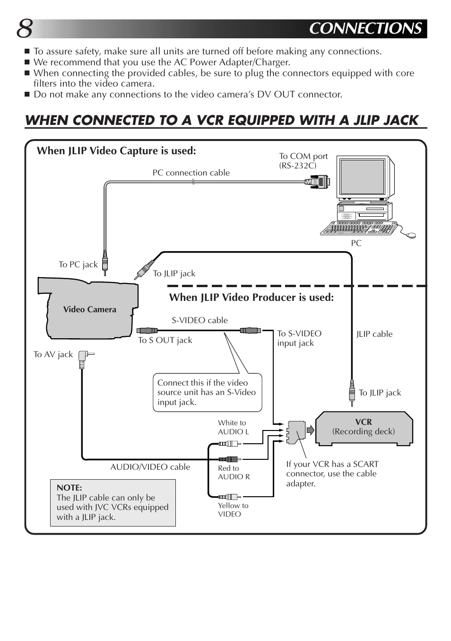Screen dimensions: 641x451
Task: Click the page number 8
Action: point(25,29)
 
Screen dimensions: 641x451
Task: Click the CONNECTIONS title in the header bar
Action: point(365,29)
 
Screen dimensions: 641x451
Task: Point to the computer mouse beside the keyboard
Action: point(411,235)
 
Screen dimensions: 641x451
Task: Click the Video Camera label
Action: point(89,309)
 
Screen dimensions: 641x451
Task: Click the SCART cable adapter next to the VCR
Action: point(296,431)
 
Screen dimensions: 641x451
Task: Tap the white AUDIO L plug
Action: point(230,444)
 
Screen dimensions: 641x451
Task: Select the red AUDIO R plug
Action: point(230,459)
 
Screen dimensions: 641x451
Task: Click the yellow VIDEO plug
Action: point(230,496)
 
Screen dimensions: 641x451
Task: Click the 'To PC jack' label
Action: point(78,264)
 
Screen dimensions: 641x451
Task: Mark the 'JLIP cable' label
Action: point(374,334)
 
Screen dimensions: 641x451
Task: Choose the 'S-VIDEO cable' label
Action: point(199,320)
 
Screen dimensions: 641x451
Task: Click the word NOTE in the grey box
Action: point(69,488)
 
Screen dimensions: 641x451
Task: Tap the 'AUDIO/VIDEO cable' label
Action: point(150,467)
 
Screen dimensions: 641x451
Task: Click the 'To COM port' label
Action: point(303,156)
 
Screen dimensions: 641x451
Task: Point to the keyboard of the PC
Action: point(358,228)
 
